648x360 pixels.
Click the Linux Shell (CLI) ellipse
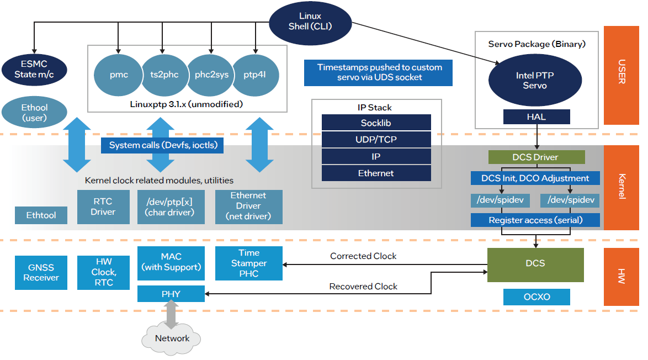[x=310, y=21]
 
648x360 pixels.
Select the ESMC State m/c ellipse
[x=34, y=70]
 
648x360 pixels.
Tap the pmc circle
[x=118, y=75]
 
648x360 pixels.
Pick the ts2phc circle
[x=164, y=75]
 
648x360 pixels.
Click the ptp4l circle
[x=254, y=75]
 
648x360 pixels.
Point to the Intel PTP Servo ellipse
[x=535, y=81]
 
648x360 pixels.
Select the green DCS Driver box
[x=535, y=157]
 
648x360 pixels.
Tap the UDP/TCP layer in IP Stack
[x=376, y=140]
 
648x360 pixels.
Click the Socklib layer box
[x=376, y=123]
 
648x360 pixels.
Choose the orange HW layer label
[x=622, y=277]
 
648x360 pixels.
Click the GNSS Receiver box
[x=41, y=273]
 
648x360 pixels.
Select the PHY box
[x=171, y=294]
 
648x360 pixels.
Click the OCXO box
[x=537, y=297]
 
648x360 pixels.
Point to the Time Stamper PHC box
[x=249, y=263]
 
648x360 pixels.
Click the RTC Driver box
[x=103, y=207]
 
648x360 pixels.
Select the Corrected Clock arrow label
[x=363, y=256]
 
